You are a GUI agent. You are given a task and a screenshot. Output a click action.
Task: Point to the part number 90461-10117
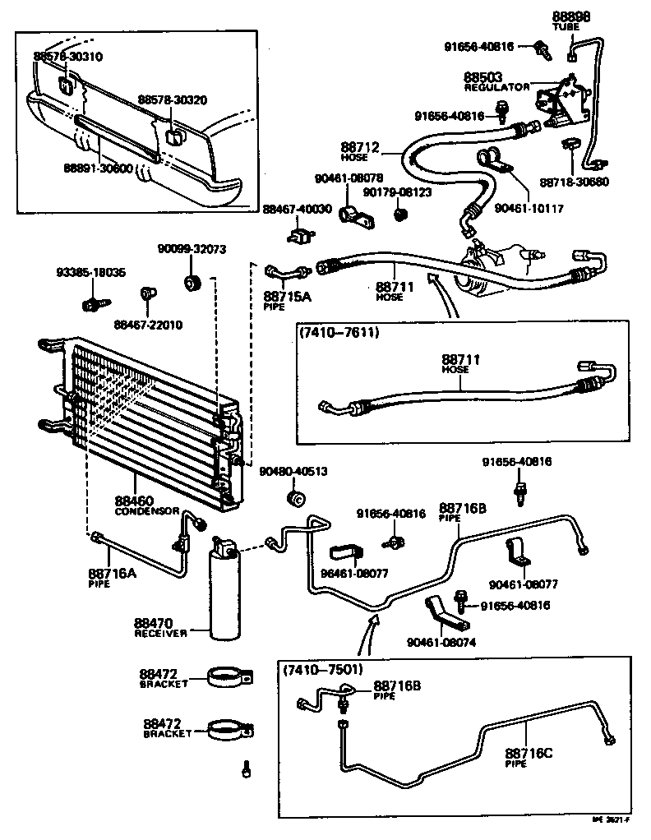click(529, 209)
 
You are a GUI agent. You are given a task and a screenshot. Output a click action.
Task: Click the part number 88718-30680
click(575, 182)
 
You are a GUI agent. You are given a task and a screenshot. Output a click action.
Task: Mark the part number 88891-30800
click(99, 167)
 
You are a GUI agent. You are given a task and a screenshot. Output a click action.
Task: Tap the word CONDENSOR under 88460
click(146, 510)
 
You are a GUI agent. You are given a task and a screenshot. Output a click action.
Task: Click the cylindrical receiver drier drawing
click(224, 592)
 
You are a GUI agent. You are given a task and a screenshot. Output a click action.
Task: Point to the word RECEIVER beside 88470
click(161, 633)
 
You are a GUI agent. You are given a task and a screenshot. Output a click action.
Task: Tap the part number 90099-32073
click(192, 249)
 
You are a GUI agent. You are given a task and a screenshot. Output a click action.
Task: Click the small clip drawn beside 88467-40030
click(298, 236)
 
